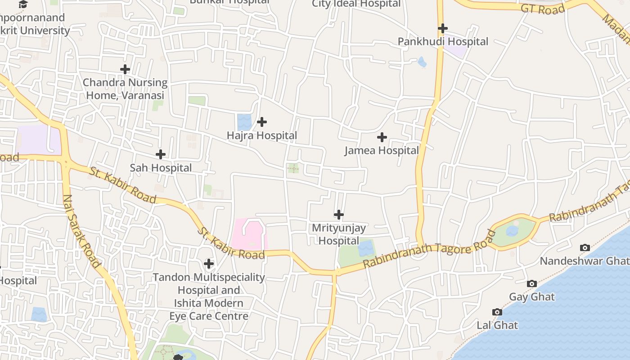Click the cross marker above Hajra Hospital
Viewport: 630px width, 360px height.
coord(261,122)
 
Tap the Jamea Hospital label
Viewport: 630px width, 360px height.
coord(382,150)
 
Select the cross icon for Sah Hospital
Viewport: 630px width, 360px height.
coord(160,154)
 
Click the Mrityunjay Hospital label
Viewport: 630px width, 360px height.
coord(339,234)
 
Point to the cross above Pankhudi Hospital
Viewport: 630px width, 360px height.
coord(443,28)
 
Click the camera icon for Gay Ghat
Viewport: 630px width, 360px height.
coord(532,283)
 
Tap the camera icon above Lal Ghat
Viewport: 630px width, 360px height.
coord(497,312)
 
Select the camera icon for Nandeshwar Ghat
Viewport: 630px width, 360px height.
coord(585,247)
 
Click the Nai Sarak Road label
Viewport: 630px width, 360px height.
coord(81,231)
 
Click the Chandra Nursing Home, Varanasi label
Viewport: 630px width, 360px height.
coord(125,89)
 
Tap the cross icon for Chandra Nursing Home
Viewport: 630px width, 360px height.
coord(125,69)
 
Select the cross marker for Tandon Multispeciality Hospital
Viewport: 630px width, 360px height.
coord(209,263)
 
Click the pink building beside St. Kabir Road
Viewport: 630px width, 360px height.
coord(249,234)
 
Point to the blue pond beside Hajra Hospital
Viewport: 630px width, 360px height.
coord(244,122)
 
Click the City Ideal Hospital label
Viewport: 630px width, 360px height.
coord(356,4)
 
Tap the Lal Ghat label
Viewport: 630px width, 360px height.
coord(497,325)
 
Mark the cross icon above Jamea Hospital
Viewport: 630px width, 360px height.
coord(382,137)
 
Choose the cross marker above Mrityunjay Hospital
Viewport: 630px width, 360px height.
coord(339,215)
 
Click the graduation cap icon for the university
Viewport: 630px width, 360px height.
coord(23,4)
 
